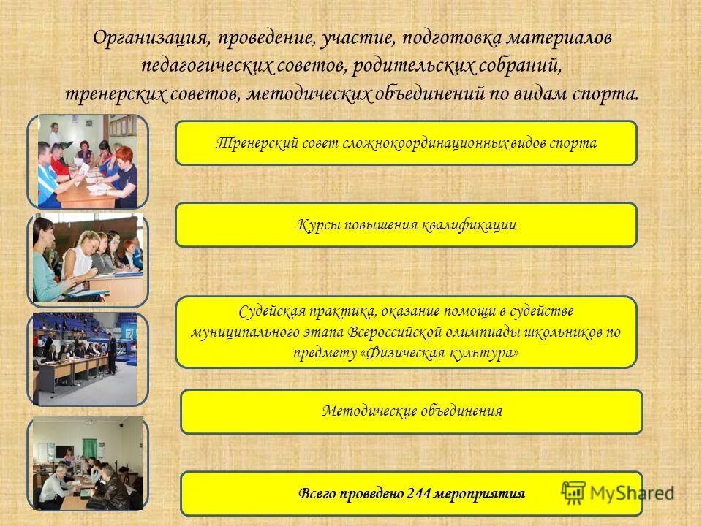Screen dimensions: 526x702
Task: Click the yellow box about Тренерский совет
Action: pyautogui.click(x=406, y=142)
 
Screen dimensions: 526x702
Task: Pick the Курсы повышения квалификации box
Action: pyautogui.click(x=406, y=225)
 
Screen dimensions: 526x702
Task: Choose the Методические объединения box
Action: pyautogui.click(x=412, y=411)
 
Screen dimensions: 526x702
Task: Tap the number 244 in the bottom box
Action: pyautogui.click(x=415, y=494)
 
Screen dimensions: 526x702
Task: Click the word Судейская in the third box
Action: pyautogui.click(x=271, y=312)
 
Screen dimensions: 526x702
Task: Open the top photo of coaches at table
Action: pyautogui.click(x=88, y=161)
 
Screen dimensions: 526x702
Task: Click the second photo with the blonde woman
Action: pyautogui.click(x=88, y=259)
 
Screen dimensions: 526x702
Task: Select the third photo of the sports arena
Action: pyautogui.click(x=85, y=359)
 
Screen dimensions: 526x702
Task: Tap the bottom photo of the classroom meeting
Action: pyautogui.click(x=88, y=463)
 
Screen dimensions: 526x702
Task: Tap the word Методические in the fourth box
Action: pyautogui.click(x=370, y=411)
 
